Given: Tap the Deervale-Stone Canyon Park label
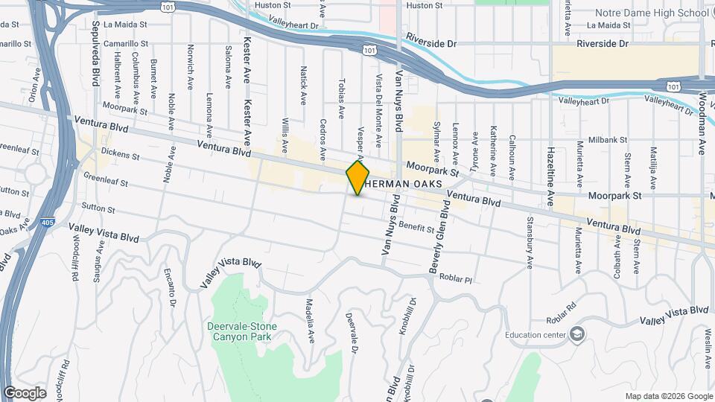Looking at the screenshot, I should click(x=241, y=331).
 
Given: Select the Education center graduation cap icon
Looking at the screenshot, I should click(x=576, y=334).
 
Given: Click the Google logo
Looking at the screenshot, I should click(x=25, y=393).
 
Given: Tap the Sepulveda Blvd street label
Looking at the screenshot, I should click(x=96, y=61).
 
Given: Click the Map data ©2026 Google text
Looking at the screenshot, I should click(x=668, y=396).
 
